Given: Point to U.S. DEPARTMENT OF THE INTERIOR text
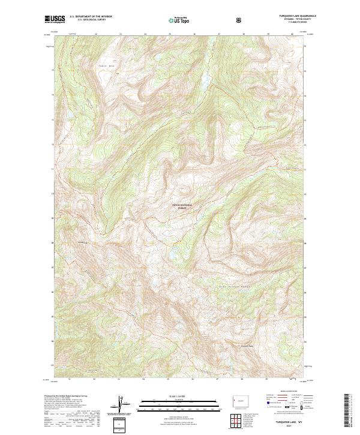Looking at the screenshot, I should (91, 17).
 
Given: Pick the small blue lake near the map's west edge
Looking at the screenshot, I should (69, 113).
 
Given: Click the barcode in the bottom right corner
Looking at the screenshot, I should (347, 411).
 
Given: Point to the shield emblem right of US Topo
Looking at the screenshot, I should (240, 20).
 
